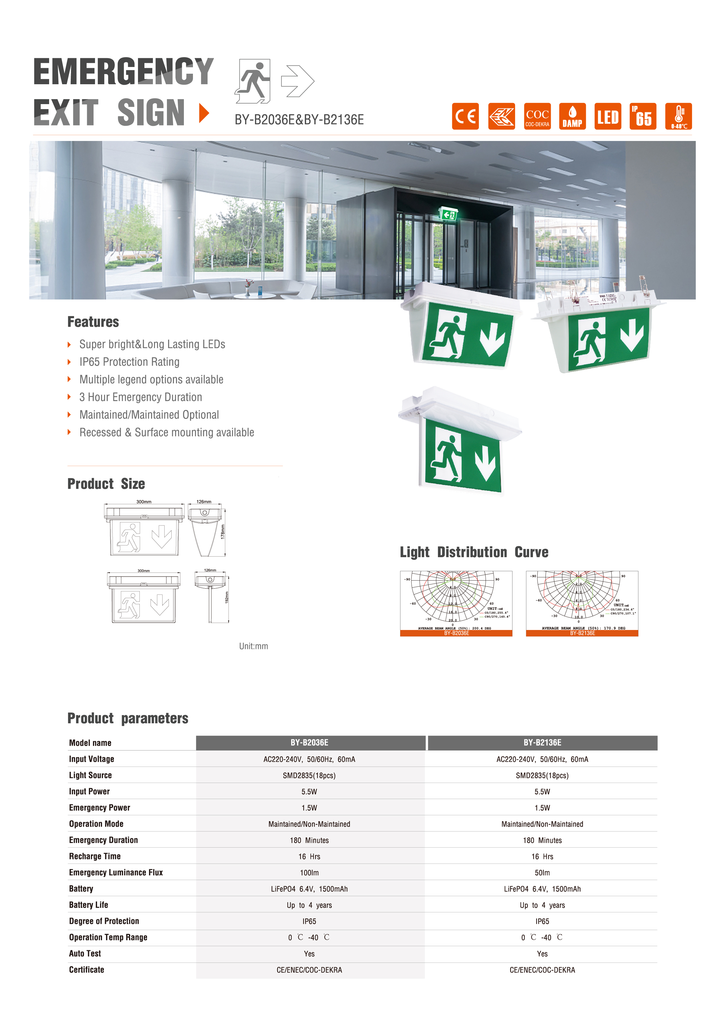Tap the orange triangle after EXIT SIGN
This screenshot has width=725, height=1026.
click(x=204, y=113)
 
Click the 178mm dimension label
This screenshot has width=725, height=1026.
click(x=223, y=531)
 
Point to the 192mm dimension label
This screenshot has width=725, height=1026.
click(x=227, y=598)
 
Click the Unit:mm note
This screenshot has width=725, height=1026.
click(x=253, y=646)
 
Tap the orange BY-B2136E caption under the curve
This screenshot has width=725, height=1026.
click(x=582, y=633)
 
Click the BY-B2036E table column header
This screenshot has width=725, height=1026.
click(x=309, y=743)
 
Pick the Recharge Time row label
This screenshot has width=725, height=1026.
click(x=95, y=856)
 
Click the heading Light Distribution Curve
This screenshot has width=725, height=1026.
click(x=474, y=552)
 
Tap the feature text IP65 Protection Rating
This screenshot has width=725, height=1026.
click(x=129, y=362)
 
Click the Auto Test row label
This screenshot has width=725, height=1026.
click(x=85, y=953)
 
